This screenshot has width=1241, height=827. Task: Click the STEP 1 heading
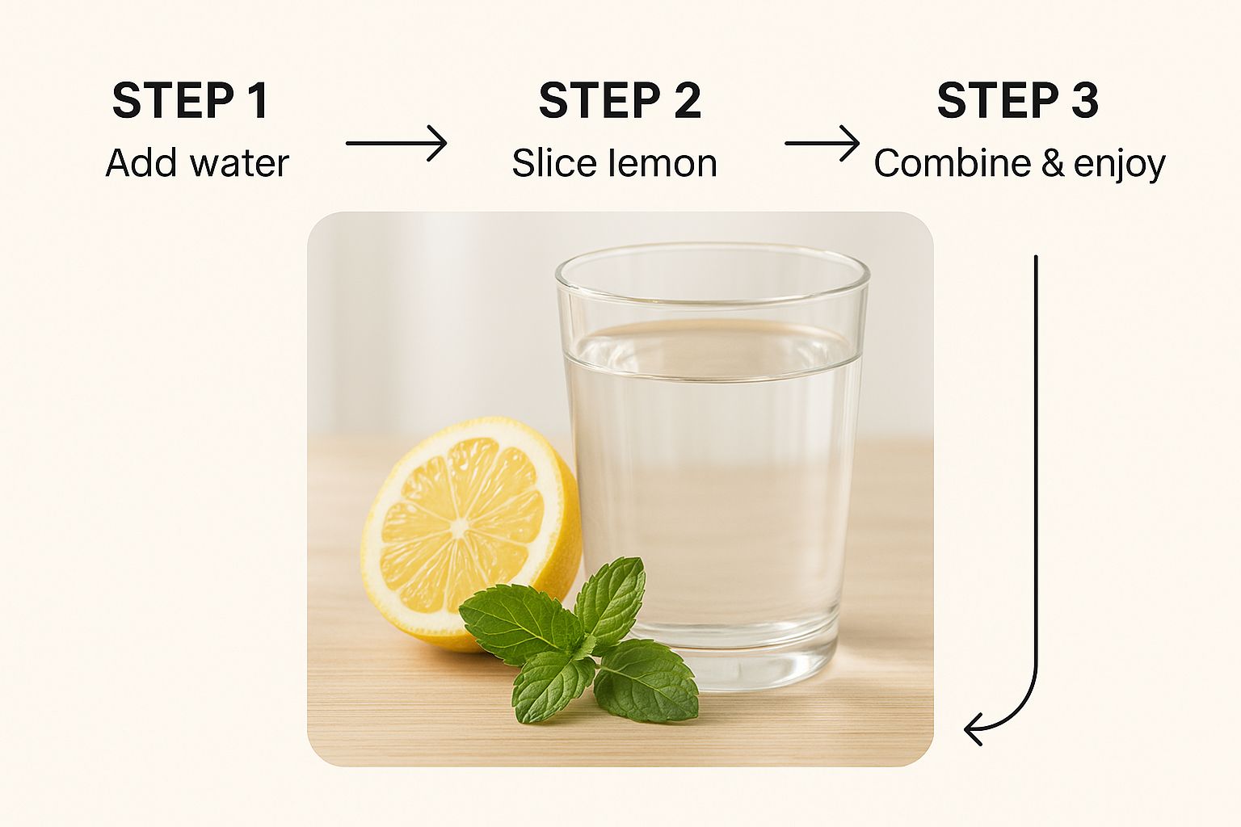point(191,100)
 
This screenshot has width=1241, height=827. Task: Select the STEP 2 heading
point(620,100)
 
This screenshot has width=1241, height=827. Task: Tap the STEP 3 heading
point(1018,100)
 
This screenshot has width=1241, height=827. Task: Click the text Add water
point(197,163)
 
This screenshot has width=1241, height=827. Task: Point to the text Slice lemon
point(614,163)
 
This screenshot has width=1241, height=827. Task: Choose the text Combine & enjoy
point(1020,164)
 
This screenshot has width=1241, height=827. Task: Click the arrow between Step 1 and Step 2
point(396,143)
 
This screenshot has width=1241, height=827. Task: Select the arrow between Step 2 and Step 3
point(822,143)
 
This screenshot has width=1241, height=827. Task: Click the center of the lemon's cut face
point(459,527)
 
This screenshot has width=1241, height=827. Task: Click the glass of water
point(712,465)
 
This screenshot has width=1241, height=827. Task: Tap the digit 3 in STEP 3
point(1083,100)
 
